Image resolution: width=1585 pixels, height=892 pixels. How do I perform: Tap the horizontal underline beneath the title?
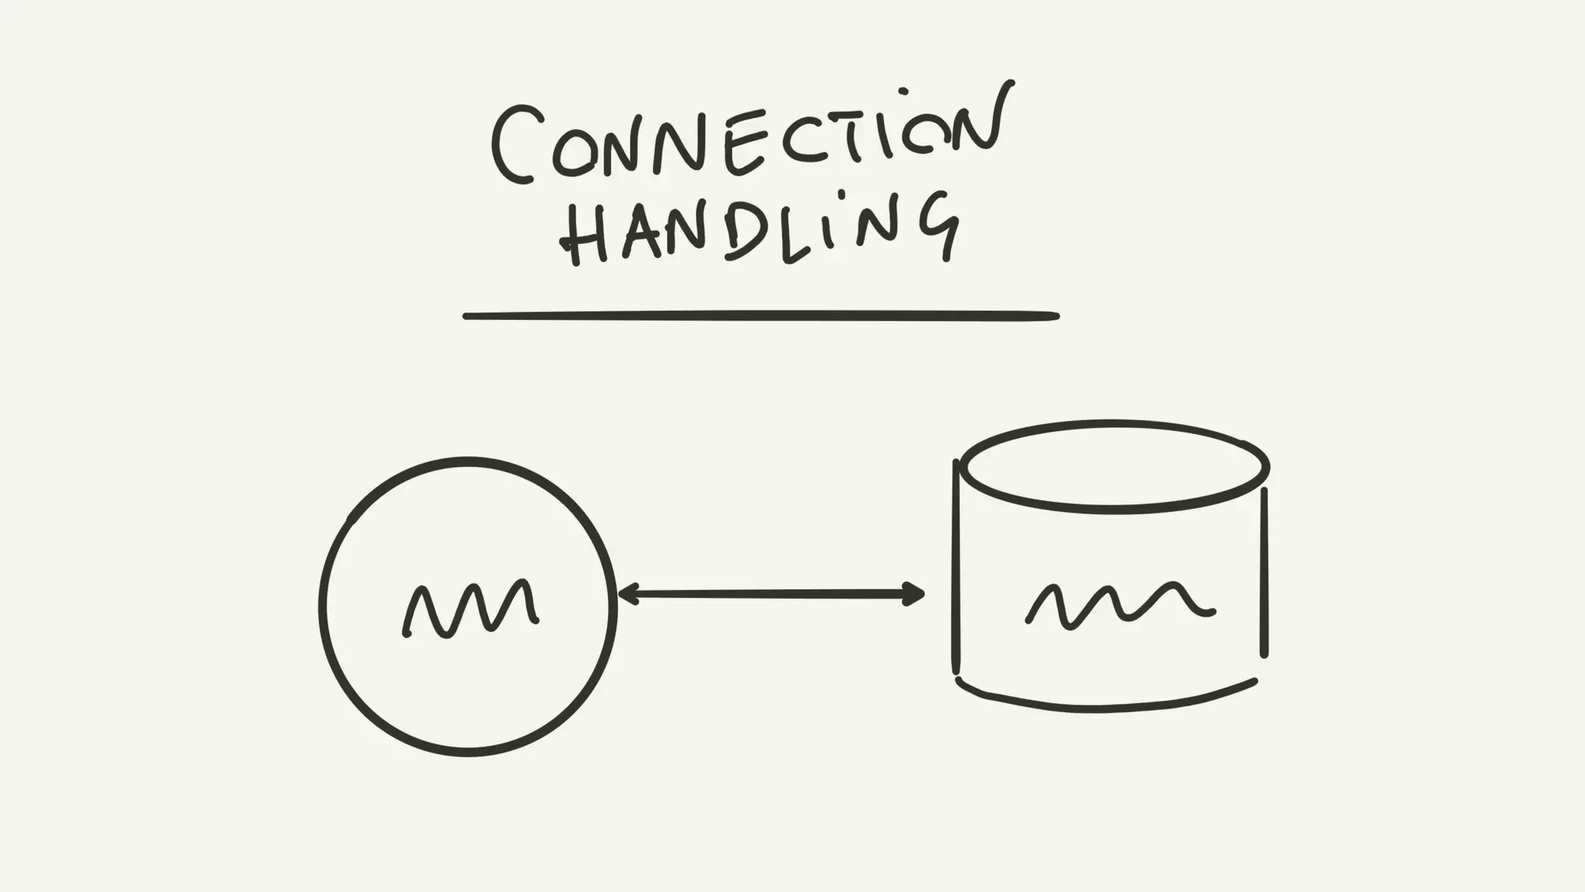[x=761, y=316]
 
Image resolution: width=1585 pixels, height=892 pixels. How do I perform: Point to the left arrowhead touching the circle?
[x=626, y=594]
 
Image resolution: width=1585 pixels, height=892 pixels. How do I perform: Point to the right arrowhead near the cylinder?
[x=916, y=594]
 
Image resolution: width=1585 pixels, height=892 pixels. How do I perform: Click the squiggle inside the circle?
[x=471, y=609]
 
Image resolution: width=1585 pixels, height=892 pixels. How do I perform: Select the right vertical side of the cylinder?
[x=1265, y=573]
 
